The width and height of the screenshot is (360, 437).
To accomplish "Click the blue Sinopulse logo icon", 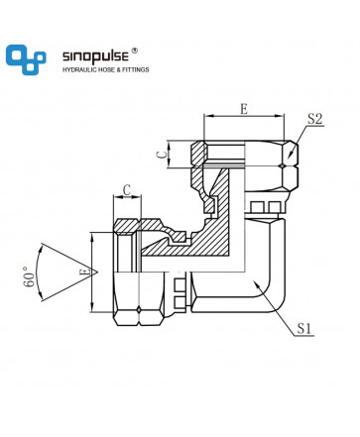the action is pyautogui.click(x=26, y=59).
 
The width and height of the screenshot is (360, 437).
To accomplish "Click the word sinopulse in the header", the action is pyautogui.click(x=95, y=56).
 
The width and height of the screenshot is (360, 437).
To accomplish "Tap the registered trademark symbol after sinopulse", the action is pyautogui.click(x=135, y=51).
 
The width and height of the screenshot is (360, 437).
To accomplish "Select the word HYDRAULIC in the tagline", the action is pyautogui.click(x=79, y=69).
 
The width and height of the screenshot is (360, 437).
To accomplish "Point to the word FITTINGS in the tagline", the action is pyautogui.click(x=136, y=69).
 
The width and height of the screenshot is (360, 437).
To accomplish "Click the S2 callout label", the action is pyautogui.click(x=314, y=119).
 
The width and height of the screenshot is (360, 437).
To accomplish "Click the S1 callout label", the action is pyautogui.click(x=304, y=328).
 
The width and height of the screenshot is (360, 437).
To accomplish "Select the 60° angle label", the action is pyautogui.click(x=29, y=275).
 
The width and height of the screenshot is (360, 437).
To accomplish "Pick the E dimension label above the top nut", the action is pyautogui.click(x=244, y=109).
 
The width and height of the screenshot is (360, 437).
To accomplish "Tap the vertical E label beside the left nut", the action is pyautogui.click(x=85, y=272).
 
